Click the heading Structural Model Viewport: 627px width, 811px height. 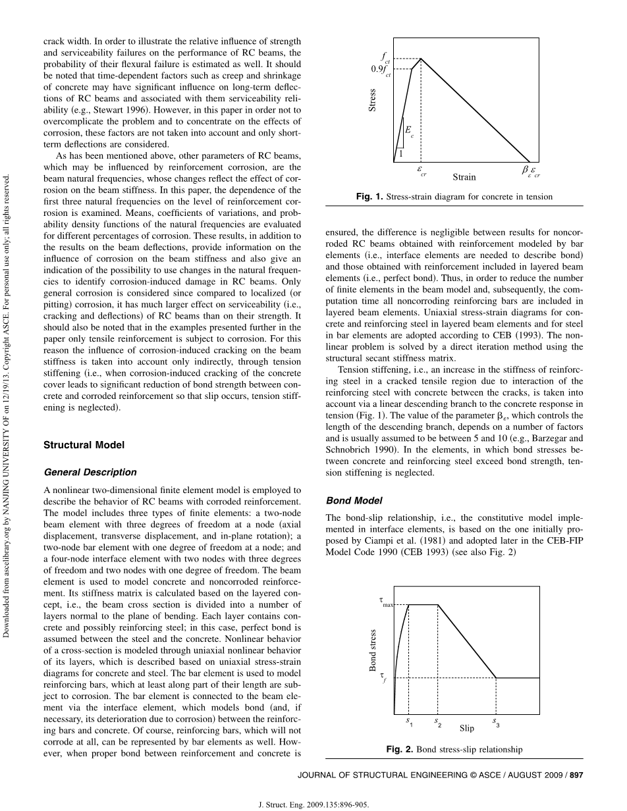[x=84, y=445]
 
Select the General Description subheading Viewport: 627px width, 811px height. [x=90, y=472]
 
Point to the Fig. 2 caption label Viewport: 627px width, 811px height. [x=398, y=749]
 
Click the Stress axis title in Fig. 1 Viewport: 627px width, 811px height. [x=373, y=100]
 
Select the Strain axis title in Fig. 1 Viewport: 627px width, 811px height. [x=464, y=177]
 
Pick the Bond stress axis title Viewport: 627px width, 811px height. [x=373, y=650]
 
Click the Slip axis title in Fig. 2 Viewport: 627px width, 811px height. [x=466, y=729]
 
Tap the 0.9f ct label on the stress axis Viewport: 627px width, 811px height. [x=381, y=70]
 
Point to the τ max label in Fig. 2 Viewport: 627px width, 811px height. [x=385, y=601]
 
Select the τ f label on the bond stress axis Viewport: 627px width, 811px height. [x=383, y=676]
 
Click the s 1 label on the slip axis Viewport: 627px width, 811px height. [x=409, y=721]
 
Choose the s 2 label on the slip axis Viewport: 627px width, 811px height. [x=438, y=721]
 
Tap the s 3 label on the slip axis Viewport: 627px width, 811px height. [x=496, y=722]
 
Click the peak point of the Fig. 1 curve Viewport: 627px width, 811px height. [x=421, y=59]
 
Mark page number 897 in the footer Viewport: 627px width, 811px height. [x=576, y=775]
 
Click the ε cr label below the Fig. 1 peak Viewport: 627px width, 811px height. [x=422, y=171]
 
